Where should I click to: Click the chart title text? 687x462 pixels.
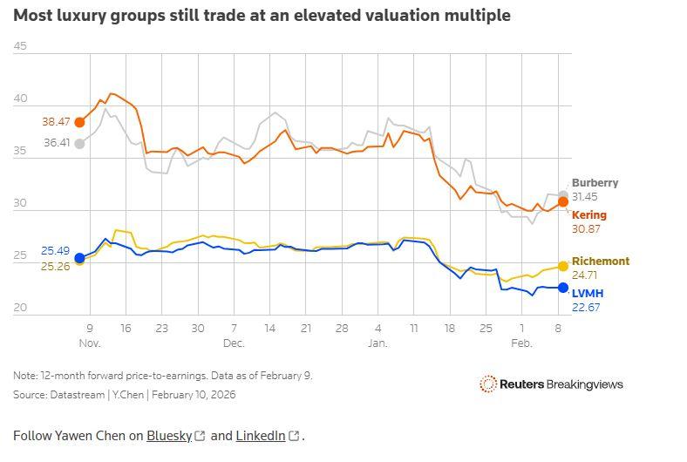(262, 16)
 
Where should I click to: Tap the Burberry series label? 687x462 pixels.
(595, 183)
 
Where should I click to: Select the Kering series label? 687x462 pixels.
(588, 215)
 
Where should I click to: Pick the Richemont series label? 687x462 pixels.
(600, 262)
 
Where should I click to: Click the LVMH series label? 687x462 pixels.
(587, 294)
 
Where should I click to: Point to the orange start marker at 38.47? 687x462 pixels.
(79, 122)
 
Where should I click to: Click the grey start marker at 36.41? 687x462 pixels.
(79, 144)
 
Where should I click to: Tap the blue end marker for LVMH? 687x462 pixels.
(563, 288)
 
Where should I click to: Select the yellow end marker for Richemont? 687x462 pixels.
(563, 266)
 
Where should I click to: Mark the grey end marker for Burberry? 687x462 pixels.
(563, 195)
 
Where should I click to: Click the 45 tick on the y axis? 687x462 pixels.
(20, 47)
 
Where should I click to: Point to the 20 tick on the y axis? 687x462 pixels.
(20, 308)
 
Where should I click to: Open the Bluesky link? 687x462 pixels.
(169, 436)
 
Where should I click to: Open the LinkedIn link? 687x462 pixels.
(261, 436)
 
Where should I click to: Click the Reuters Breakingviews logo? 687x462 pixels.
(551, 384)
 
